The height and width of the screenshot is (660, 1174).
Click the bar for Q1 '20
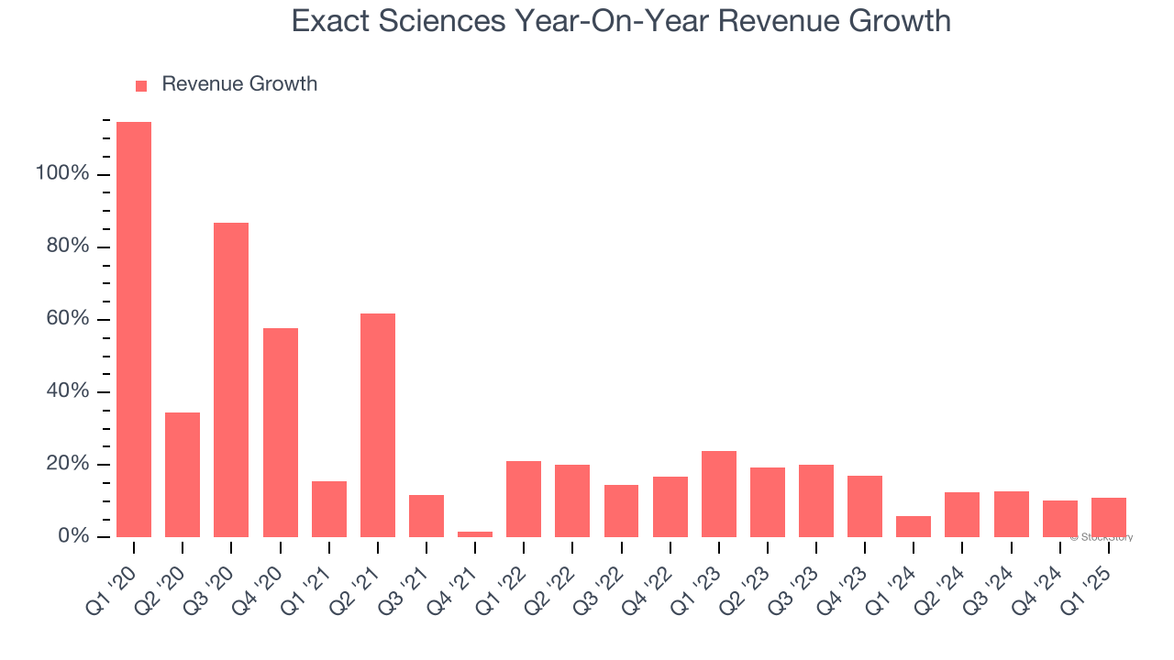[134, 329]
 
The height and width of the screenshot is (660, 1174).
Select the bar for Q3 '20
[231, 379]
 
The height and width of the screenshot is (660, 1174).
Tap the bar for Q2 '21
[378, 425]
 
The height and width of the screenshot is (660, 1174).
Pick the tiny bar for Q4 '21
[475, 533]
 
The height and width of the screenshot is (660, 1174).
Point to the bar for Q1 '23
[719, 494]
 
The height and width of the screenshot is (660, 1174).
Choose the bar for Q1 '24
[914, 526]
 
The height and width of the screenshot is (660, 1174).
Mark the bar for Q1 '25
[1109, 517]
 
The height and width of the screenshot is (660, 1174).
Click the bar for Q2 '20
[183, 475]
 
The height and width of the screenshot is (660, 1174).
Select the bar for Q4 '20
[281, 433]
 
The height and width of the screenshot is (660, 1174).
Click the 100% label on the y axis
[62, 173]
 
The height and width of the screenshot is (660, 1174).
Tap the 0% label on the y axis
[72, 536]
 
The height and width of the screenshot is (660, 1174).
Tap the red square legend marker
[141, 86]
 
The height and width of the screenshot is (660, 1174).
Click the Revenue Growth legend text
[239, 84]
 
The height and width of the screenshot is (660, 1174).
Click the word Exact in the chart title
[330, 21]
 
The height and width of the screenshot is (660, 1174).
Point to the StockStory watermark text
[1102, 537]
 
